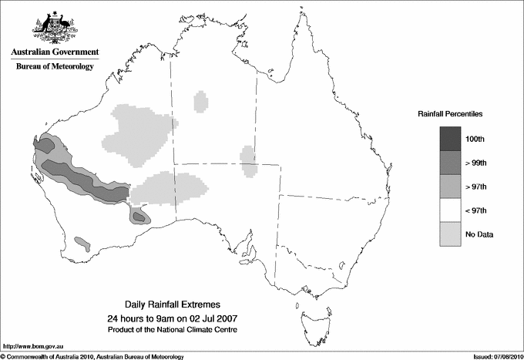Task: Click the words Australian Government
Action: [54, 52]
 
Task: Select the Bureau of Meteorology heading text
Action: [54, 67]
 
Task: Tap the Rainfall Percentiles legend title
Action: [450, 113]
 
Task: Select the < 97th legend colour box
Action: [450, 210]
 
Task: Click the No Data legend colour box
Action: [450, 234]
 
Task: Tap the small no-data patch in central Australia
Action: [248, 162]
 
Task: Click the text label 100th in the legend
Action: [475, 139]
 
